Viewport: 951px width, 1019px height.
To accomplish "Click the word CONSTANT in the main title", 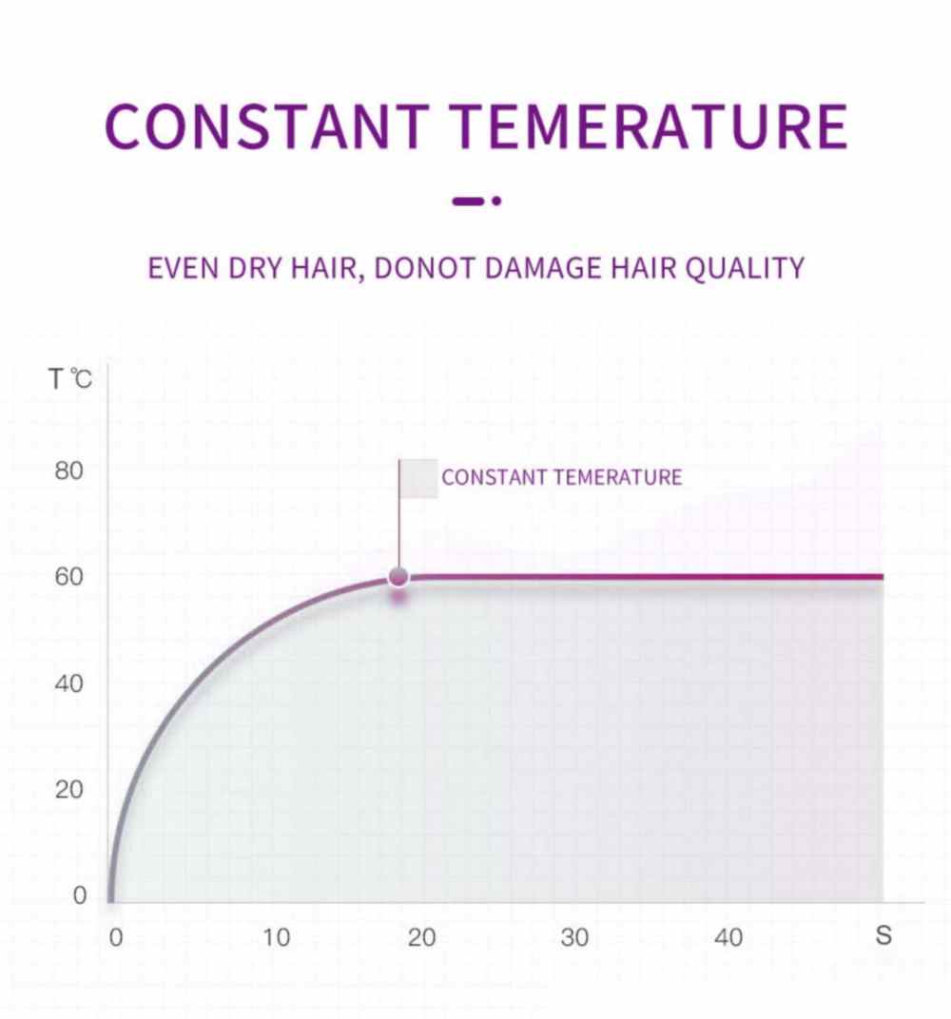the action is [266, 126].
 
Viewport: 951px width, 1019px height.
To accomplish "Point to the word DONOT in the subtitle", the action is [424, 268].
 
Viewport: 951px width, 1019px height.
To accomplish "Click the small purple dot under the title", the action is [496, 201].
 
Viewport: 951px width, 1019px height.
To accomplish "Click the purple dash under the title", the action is [468, 201].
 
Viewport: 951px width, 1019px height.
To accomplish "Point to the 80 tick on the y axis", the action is [68, 471].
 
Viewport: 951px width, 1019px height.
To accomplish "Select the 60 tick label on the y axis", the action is [68, 576].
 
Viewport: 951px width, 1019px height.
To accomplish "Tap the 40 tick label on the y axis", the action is [68, 683].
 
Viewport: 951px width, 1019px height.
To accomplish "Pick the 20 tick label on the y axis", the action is [68, 790].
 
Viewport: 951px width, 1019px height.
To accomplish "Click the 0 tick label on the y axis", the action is [79, 895].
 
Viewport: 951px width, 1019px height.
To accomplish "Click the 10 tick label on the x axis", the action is [276, 938].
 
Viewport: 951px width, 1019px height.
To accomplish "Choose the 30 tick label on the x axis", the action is [574, 938].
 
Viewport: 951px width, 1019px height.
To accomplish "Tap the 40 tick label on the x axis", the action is [728, 938].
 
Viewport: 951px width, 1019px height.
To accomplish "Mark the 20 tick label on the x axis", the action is [422, 938].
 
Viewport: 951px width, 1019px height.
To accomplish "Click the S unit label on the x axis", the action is [883, 935].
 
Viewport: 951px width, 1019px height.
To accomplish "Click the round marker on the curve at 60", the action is [398, 576].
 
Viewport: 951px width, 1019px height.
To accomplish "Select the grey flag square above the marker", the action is [418, 479].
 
